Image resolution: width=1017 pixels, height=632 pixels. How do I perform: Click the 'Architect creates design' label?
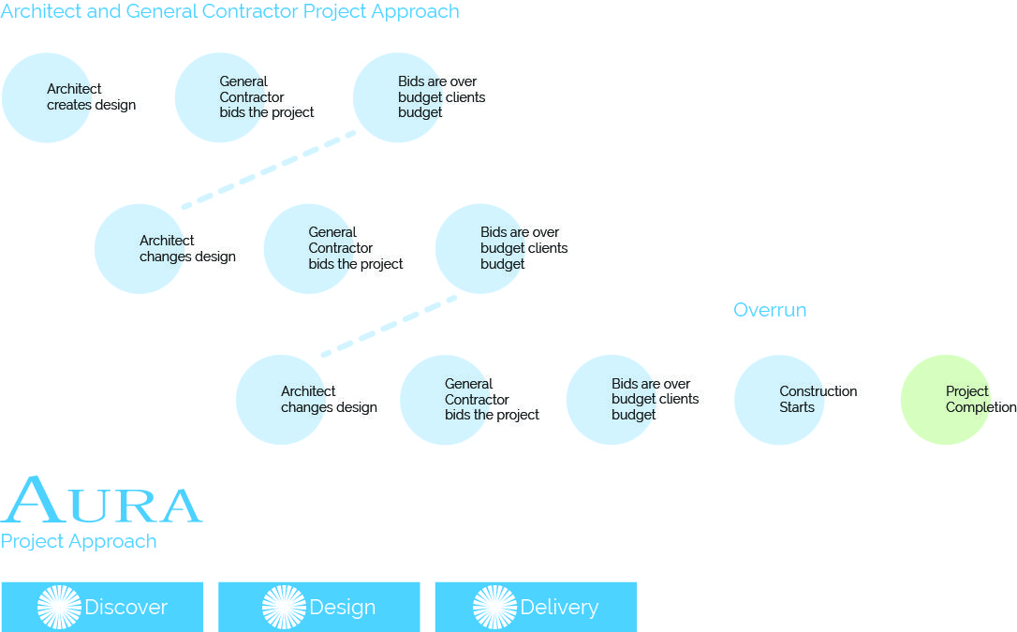click(92, 96)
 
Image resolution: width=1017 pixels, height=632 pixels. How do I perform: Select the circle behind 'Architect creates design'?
click(47, 98)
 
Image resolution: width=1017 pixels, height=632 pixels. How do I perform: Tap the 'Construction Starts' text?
click(818, 399)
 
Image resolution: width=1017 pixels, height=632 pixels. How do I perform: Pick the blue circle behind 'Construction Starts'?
click(779, 400)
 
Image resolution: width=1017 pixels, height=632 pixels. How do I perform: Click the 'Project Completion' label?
click(980, 399)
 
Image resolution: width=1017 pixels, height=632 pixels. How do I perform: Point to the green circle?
click(946, 400)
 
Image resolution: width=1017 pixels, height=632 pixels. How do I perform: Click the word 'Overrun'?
click(770, 310)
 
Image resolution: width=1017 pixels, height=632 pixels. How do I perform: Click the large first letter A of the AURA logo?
click(33, 499)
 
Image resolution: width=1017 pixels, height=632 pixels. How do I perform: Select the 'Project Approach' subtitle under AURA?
click(79, 541)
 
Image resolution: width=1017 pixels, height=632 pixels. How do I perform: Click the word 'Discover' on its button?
click(125, 608)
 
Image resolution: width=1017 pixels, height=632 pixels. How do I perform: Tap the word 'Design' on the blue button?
click(343, 608)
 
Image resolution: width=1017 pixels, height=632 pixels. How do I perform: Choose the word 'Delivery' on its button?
click(559, 608)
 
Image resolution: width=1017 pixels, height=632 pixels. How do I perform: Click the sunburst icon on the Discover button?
click(59, 608)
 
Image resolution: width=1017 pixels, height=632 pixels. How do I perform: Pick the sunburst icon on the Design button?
click(284, 608)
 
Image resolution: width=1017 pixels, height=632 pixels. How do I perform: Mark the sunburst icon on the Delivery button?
click(494, 608)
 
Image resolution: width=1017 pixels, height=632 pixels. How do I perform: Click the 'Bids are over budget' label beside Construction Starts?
click(656, 399)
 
